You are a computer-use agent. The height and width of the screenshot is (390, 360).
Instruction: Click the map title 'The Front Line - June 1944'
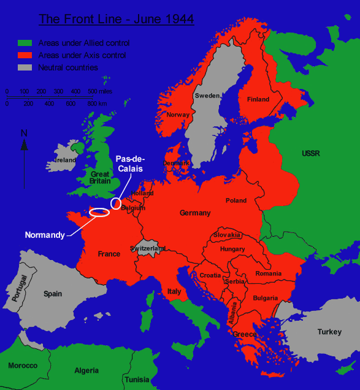click(117, 19)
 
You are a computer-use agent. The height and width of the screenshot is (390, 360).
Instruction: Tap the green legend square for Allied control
click(25, 43)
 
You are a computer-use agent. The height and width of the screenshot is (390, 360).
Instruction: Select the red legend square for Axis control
click(25, 55)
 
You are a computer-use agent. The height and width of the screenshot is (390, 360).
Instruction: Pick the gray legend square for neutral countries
click(25, 67)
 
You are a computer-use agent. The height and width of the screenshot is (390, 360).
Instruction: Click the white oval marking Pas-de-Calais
click(115, 204)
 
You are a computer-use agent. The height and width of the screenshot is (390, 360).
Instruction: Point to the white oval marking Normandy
click(99, 213)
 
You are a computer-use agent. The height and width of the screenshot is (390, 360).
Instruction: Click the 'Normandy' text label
click(45, 235)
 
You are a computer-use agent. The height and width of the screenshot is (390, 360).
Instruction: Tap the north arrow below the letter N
click(24, 145)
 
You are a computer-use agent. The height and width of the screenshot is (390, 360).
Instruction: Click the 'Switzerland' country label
click(148, 248)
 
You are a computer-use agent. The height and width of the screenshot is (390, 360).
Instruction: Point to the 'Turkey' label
click(329, 332)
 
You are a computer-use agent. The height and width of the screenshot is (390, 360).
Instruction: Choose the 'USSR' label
click(310, 153)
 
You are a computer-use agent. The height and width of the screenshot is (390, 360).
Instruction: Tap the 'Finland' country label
click(258, 99)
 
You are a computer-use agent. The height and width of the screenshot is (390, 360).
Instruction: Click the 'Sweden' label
click(207, 96)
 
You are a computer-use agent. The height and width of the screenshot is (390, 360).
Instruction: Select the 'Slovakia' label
click(228, 235)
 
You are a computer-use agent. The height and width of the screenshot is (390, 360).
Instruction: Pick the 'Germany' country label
click(195, 213)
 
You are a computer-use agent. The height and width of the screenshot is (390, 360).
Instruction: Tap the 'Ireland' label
click(65, 160)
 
